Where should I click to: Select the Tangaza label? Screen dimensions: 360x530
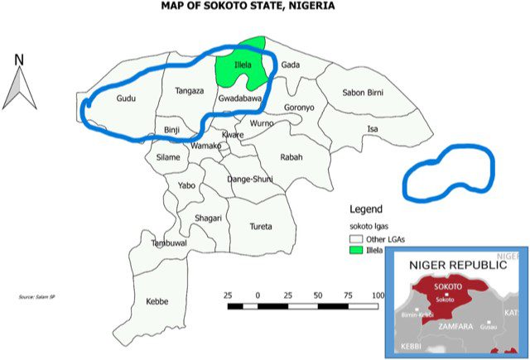click(x=190, y=91)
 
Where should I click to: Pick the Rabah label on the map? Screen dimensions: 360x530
click(x=291, y=157)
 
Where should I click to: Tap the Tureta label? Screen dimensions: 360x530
click(x=261, y=226)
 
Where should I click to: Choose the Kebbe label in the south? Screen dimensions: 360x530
click(x=157, y=301)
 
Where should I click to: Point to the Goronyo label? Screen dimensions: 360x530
click(x=299, y=108)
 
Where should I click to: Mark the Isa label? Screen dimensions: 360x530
click(x=373, y=129)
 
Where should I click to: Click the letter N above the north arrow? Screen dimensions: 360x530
click(x=18, y=59)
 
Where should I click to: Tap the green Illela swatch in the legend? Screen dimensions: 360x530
click(x=354, y=248)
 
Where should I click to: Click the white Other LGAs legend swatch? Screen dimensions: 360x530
click(x=354, y=238)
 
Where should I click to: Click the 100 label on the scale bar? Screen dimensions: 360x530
click(x=379, y=295)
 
